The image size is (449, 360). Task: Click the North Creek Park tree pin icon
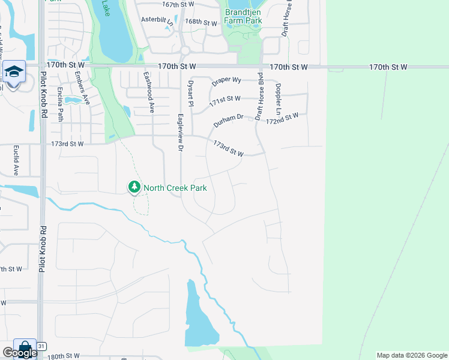[x=134, y=188]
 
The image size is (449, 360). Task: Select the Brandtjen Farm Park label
[x=243, y=16]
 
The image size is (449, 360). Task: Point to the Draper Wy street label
[x=226, y=80]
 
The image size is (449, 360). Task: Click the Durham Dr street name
[x=228, y=119]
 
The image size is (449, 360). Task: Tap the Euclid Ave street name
[x=16, y=161]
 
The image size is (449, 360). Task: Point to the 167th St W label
[x=178, y=4]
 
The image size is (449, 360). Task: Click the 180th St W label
[x=64, y=356]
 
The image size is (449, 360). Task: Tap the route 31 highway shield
[x=41, y=346]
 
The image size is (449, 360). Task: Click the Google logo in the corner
[x=19, y=353]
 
